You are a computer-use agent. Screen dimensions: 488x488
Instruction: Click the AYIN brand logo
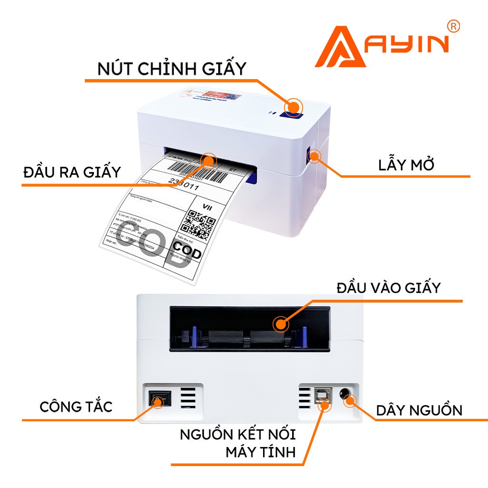[381, 47]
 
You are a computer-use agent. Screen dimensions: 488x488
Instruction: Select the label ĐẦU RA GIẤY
[72, 172]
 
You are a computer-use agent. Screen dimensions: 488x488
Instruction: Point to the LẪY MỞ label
[407, 165]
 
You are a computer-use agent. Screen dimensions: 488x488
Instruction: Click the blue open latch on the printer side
[314, 155]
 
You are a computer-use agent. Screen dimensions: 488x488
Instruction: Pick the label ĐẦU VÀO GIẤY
[388, 288]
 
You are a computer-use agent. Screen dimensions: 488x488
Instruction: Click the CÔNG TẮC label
[76, 407]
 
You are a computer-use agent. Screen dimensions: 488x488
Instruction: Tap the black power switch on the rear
[157, 399]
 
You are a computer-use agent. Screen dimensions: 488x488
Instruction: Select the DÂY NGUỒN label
[419, 410]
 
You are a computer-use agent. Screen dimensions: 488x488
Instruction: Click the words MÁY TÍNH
[261, 451]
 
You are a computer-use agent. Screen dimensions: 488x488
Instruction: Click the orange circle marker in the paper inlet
[281, 324]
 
